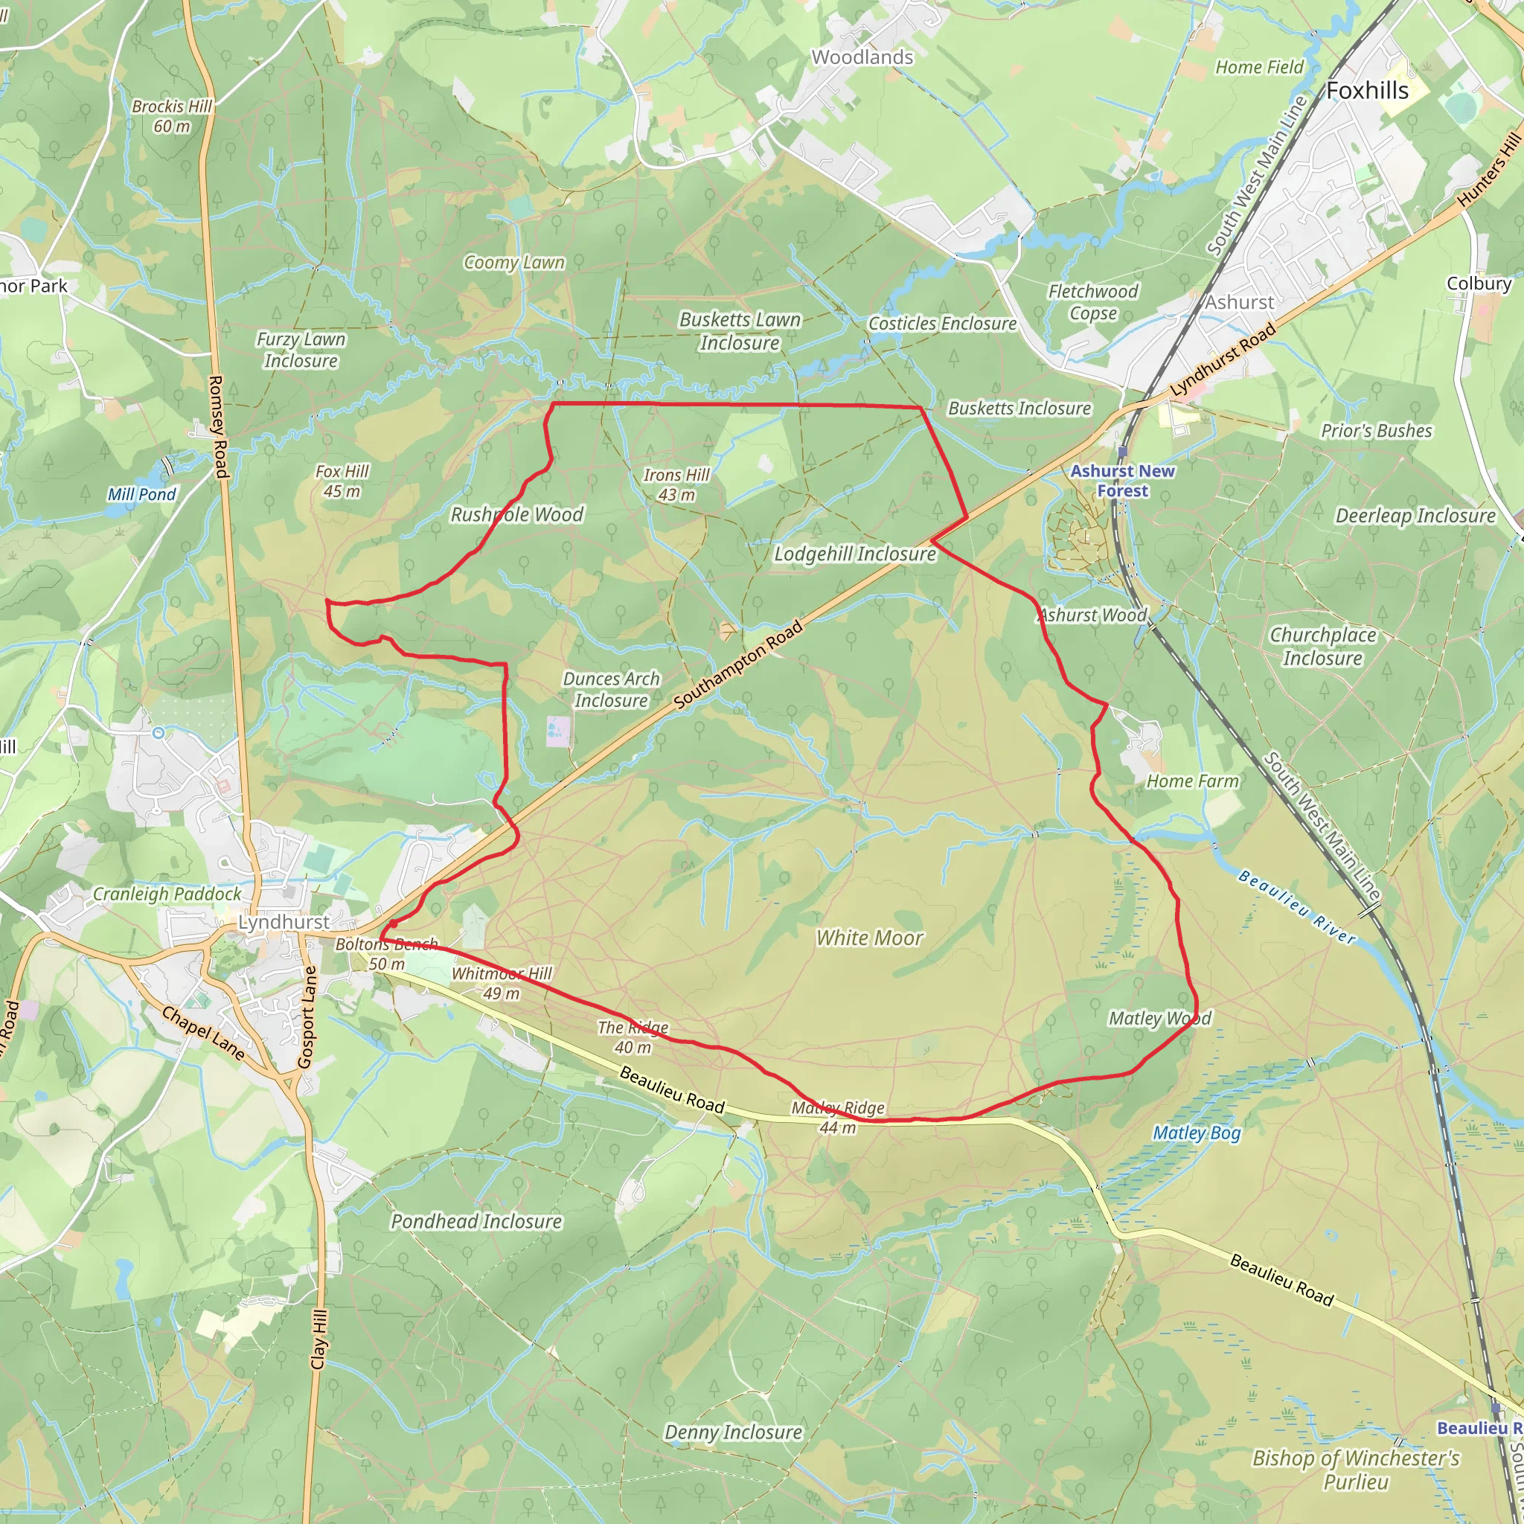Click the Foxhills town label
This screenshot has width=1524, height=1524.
click(x=1367, y=91)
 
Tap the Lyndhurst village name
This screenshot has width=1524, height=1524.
click(x=284, y=922)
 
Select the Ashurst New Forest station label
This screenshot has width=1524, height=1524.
click(x=1121, y=481)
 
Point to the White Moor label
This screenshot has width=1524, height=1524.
click(x=869, y=938)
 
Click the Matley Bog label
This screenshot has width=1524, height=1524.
click(x=1197, y=1133)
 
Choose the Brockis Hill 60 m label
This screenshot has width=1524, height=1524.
click(x=172, y=116)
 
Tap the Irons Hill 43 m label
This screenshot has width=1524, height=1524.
click(x=676, y=484)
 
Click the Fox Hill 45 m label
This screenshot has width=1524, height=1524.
click(x=342, y=481)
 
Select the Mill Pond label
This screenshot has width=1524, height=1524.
click(x=142, y=495)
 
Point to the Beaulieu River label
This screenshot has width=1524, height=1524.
click(x=1297, y=906)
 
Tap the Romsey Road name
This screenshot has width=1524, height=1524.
click(x=218, y=426)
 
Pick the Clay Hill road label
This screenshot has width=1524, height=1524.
click(x=318, y=1339)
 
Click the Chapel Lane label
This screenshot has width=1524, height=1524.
click(x=203, y=1033)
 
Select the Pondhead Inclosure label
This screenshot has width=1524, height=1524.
click(x=476, y=1222)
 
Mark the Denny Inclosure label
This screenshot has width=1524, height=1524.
click(x=733, y=1432)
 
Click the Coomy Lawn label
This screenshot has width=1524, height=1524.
click(x=514, y=263)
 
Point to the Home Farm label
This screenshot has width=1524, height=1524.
click(x=1193, y=781)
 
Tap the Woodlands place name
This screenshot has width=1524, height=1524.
click(x=862, y=57)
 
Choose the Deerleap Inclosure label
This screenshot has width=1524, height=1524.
click(x=1415, y=516)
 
